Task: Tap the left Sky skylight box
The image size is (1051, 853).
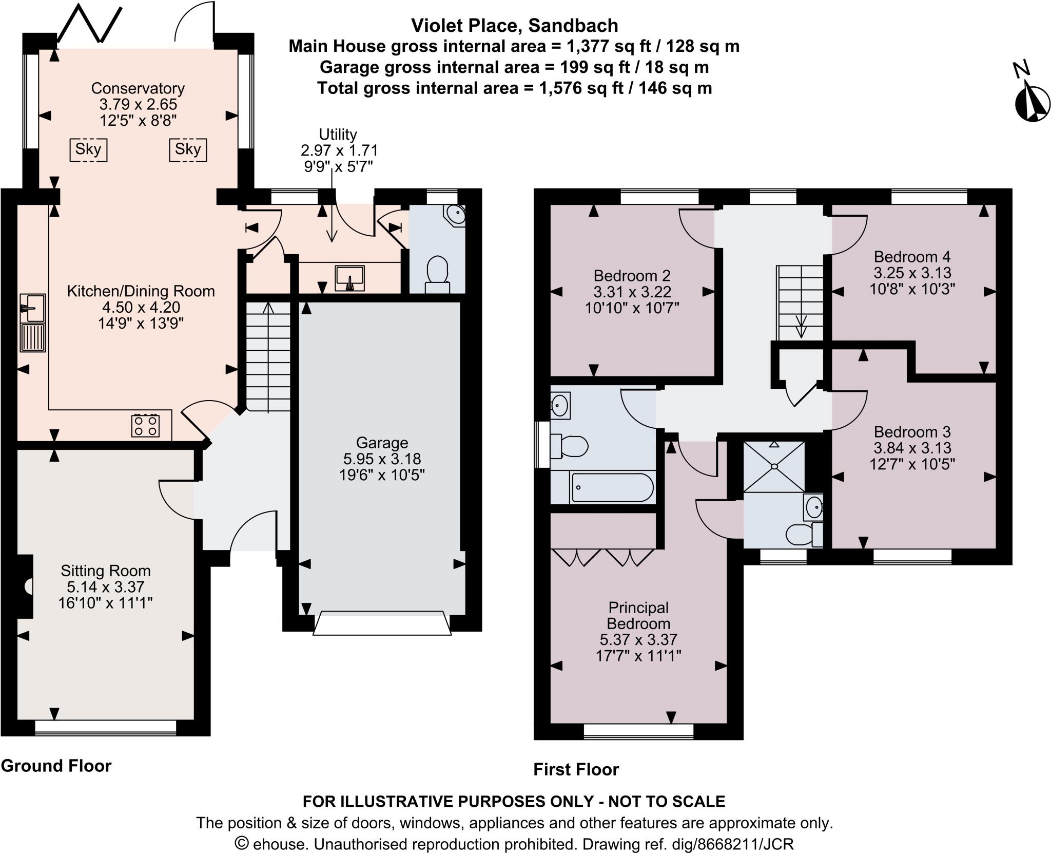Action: pos(88,150)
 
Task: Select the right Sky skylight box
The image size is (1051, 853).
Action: pos(188,150)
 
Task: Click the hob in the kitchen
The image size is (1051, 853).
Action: pos(145,425)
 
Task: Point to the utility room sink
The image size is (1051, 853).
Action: pos(350,278)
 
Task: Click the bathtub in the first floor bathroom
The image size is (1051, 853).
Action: pos(612,488)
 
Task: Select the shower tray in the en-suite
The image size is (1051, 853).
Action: pos(773,465)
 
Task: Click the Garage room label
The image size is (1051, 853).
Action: pos(382,443)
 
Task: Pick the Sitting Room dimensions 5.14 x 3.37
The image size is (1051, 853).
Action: pos(105,586)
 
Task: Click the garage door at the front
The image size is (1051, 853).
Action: pos(382,623)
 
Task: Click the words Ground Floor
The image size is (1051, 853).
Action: pos(56,766)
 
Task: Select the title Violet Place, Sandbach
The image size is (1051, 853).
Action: pos(514,25)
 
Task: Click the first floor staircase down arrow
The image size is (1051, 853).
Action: pos(801,326)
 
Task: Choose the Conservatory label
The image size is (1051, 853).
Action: pos(138,88)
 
